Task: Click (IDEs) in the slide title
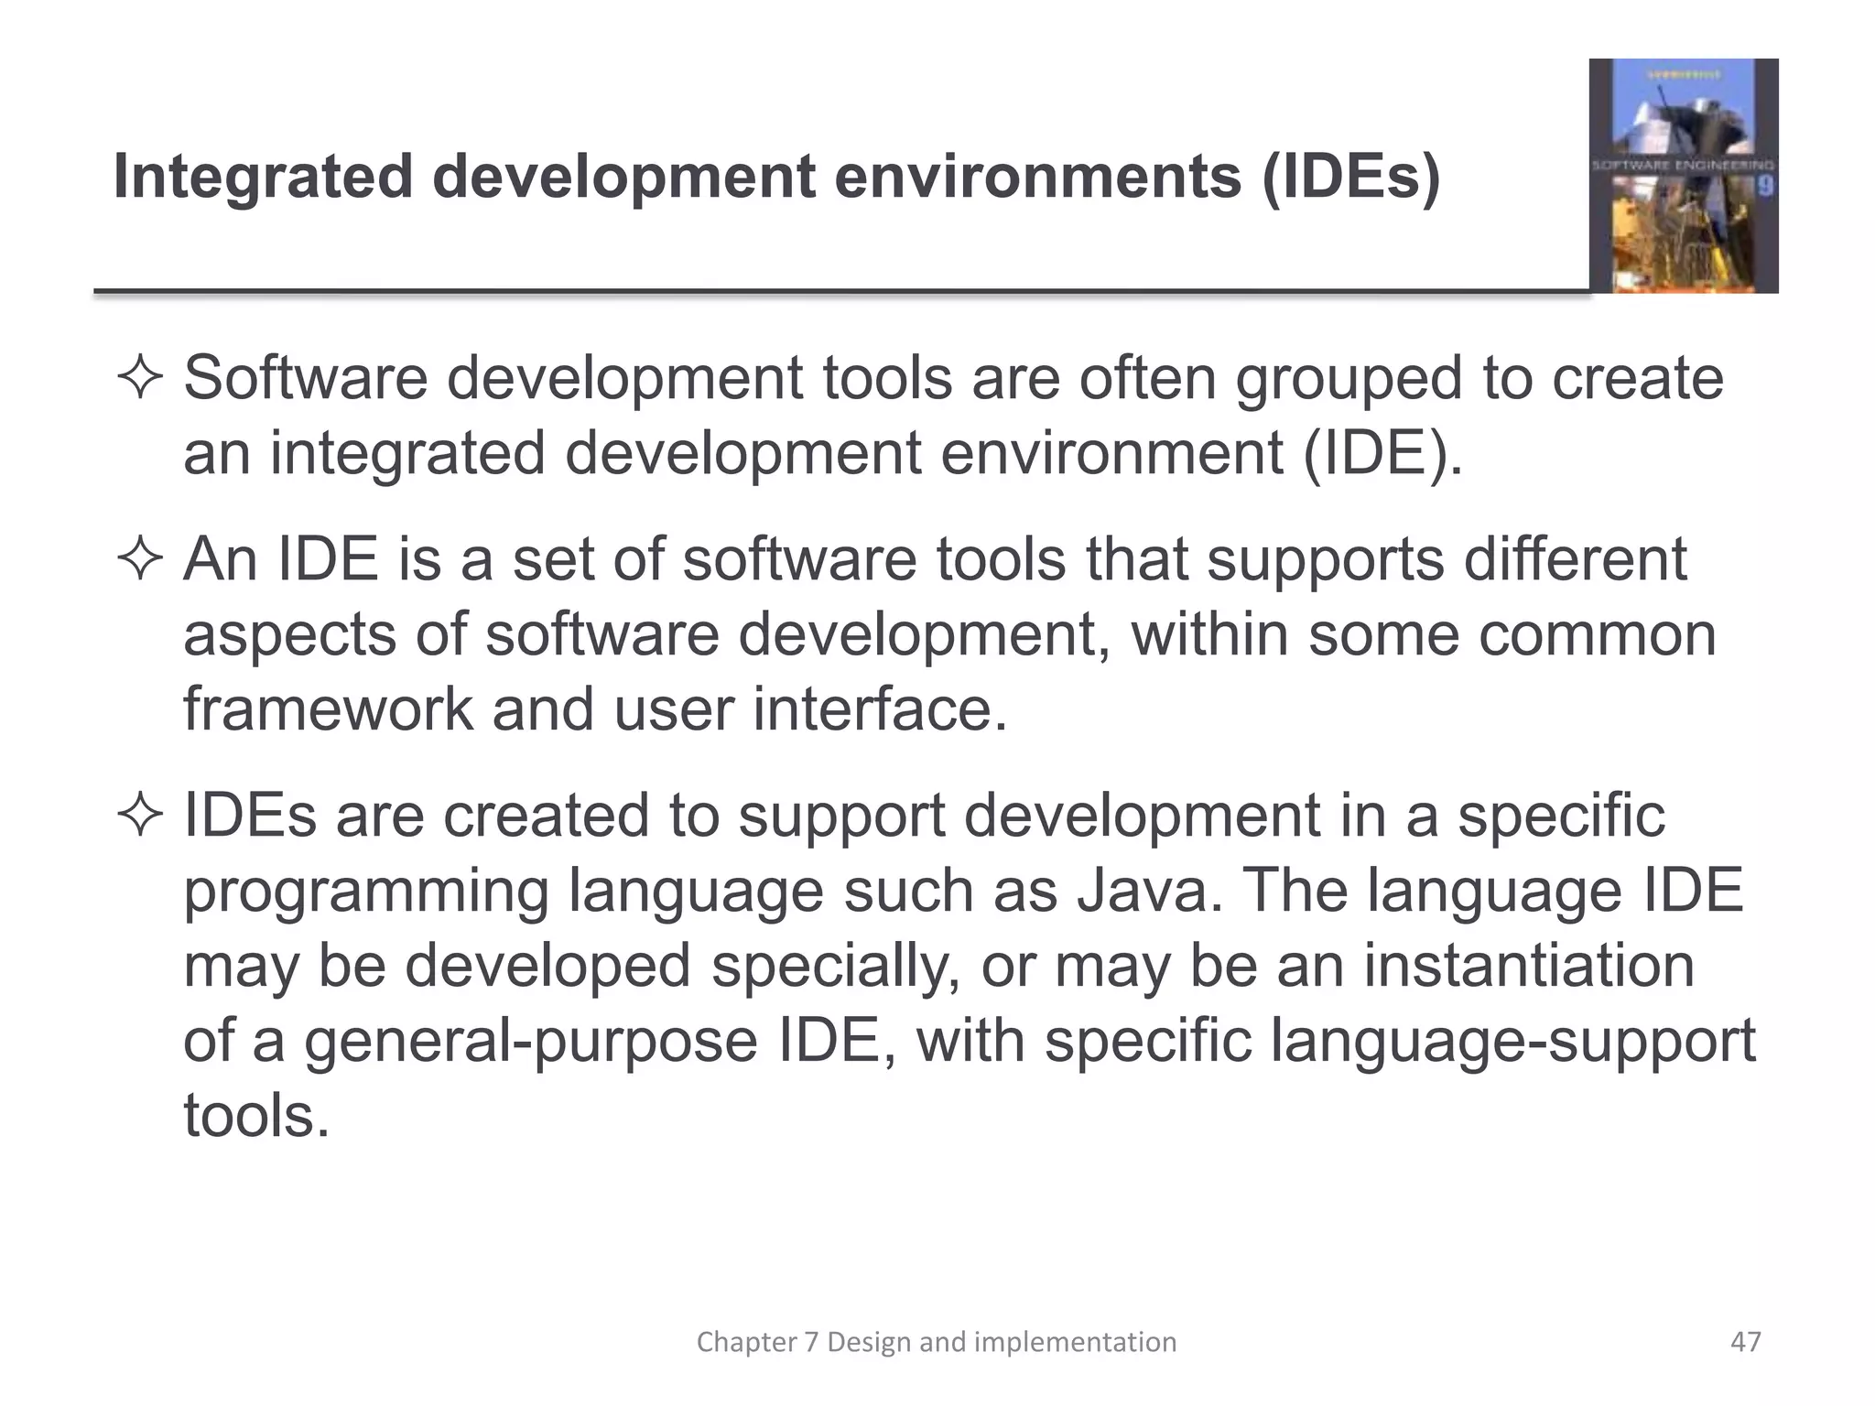click(x=1349, y=178)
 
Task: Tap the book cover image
click(x=1683, y=176)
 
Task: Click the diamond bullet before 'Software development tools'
click(x=140, y=379)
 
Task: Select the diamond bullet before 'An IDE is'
click(x=140, y=559)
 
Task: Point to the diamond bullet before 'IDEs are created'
click(x=140, y=816)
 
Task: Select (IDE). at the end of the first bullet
click(x=1382, y=453)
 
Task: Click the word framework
click(x=328, y=709)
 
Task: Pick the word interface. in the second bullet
click(x=880, y=709)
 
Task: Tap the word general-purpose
click(x=530, y=1041)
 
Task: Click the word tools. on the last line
click(x=256, y=1116)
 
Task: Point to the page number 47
click(x=1745, y=1342)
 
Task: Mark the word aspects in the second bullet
click(x=290, y=634)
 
